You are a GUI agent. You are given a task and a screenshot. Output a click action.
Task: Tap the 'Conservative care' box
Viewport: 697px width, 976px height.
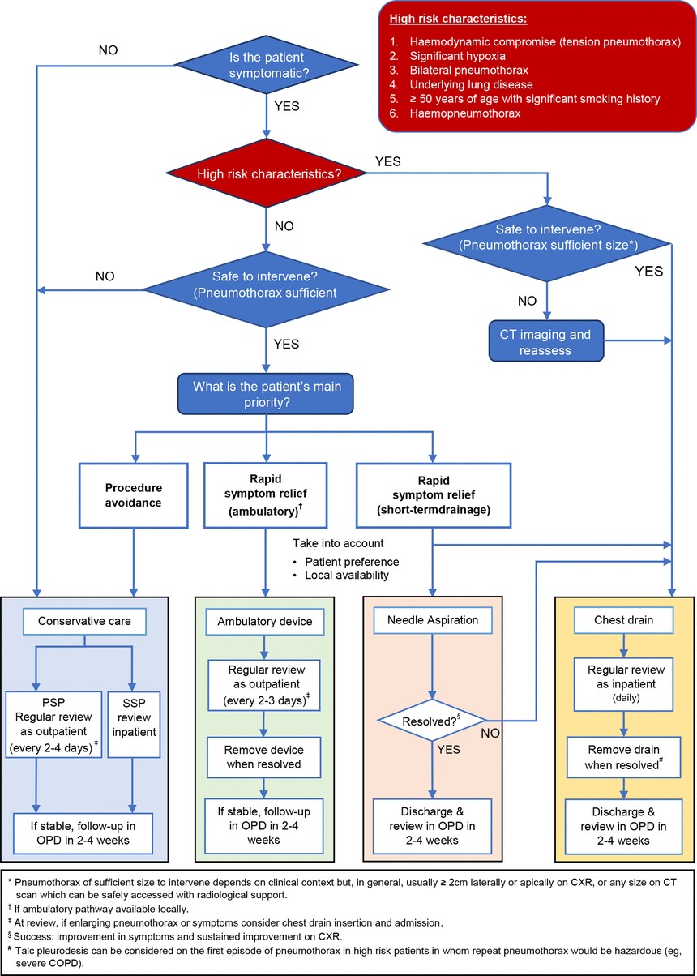point(86,622)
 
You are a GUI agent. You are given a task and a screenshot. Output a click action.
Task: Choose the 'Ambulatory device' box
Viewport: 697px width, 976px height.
point(264,622)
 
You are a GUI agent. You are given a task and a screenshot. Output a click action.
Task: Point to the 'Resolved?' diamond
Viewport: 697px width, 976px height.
point(434,719)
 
